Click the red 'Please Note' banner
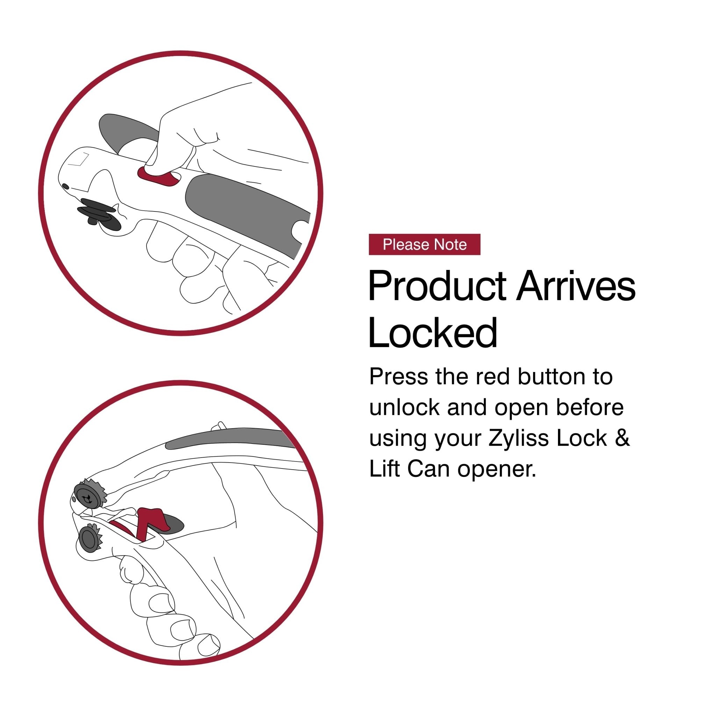424,245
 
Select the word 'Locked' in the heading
432,332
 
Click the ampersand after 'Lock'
624,438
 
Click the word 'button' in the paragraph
550,377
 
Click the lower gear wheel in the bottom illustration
89,539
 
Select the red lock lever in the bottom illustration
148,521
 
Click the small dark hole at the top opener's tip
65,186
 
